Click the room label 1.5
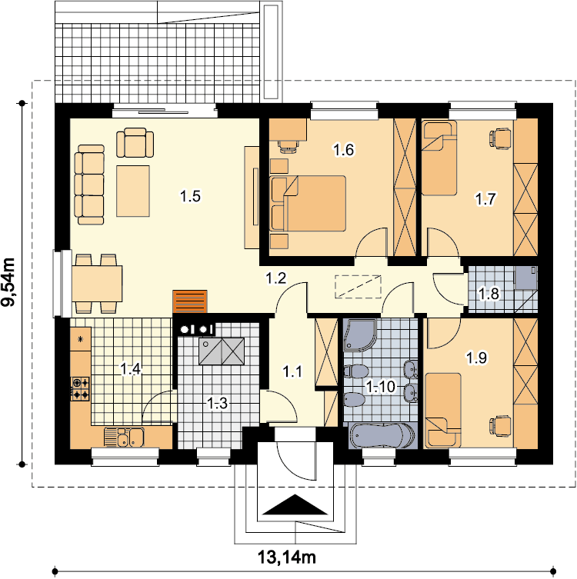[190, 196]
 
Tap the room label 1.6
[344, 150]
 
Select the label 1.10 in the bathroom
[381, 387]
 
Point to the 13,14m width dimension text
[286, 557]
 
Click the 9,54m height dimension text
[8, 281]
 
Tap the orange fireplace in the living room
[190, 301]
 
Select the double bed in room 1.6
[308, 204]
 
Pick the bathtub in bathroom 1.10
[382, 436]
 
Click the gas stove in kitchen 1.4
[81, 388]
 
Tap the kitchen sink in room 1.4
[124, 437]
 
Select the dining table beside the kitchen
[97, 284]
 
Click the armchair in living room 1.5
[135, 143]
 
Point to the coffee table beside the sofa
[133, 191]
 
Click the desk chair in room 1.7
[501, 139]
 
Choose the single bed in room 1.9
[443, 411]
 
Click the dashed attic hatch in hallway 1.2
[358, 286]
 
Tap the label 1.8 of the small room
[489, 294]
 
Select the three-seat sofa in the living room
[89, 185]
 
